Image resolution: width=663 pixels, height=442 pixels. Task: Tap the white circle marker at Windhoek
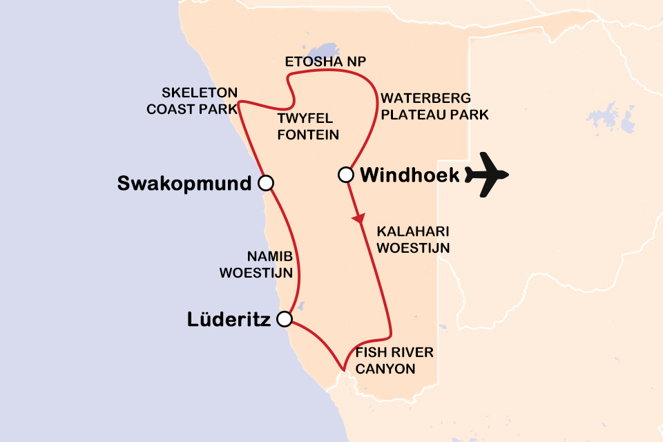[x=346, y=175]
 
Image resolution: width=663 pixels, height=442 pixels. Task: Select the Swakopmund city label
[x=184, y=184]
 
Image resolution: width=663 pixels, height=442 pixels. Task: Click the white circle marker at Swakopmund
[x=265, y=182]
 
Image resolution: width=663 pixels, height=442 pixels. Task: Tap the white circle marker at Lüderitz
[x=284, y=318]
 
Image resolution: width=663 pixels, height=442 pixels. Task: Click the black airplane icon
[x=486, y=175]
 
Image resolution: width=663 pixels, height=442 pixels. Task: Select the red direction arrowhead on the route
[x=358, y=219]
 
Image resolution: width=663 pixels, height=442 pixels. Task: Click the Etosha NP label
[x=325, y=63]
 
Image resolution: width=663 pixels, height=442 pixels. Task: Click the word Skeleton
[x=200, y=93]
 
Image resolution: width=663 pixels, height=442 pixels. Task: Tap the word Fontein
[x=307, y=135]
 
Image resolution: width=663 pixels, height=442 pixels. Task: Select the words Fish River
[x=394, y=353]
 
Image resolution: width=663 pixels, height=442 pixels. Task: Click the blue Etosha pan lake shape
[x=321, y=51]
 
